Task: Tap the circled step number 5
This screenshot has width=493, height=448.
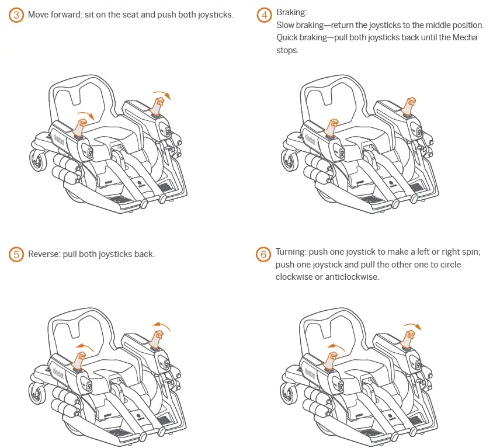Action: (16, 255)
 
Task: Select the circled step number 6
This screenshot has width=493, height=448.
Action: (263, 255)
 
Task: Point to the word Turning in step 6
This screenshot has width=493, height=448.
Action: (291, 252)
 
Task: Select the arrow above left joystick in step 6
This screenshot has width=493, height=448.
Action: (335, 347)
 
